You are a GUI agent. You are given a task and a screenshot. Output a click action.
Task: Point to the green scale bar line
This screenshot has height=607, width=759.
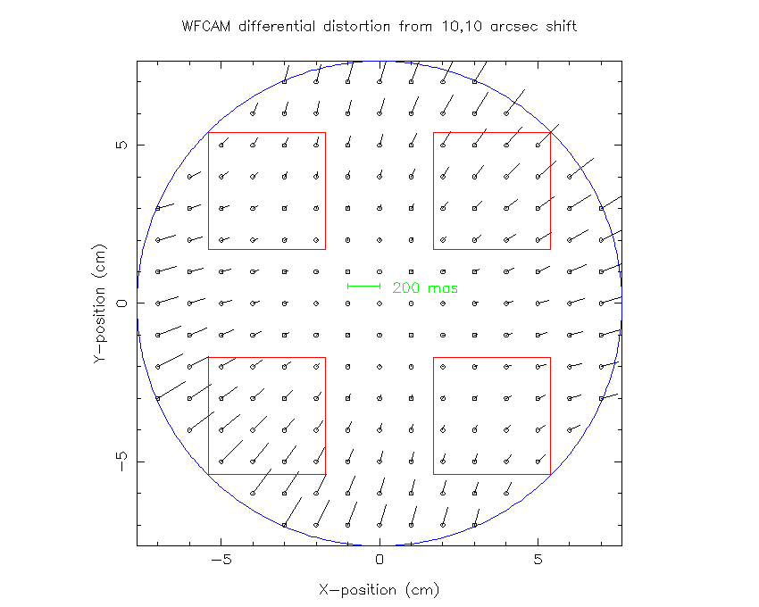point(364,286)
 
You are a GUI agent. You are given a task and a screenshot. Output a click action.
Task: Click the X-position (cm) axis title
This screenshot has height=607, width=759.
point(379,590)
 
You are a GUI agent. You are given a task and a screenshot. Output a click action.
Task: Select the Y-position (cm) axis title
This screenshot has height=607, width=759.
point(100,303)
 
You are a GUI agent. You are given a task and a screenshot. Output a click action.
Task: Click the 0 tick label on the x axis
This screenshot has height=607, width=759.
point(379,561)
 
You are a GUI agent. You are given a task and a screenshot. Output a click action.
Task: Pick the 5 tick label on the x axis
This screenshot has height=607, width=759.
point(538,561)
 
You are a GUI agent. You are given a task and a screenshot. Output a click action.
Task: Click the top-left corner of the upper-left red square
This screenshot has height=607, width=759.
point(208,132)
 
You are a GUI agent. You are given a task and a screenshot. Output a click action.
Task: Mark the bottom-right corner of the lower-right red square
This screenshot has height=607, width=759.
point(550,474)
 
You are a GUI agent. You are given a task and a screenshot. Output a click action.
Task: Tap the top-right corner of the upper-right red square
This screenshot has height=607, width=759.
point(550,132)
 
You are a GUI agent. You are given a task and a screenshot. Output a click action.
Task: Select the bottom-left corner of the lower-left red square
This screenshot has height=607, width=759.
point(208,474)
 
